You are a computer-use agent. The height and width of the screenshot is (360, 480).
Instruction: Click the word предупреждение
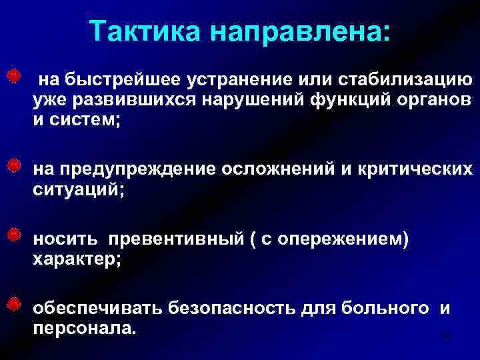[x=135, y=169]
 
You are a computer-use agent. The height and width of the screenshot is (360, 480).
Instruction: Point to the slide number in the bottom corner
[x=446, y=338]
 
